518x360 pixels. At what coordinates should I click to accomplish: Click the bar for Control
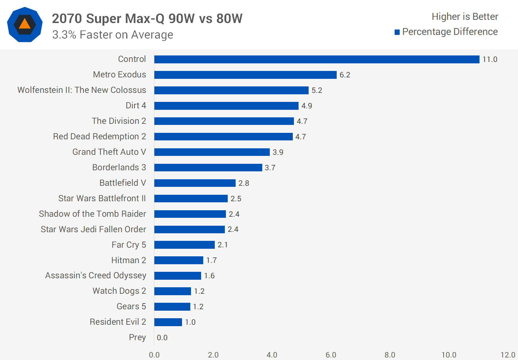click(x=317, y=59)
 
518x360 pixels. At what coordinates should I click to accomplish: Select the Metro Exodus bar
click(x=245, y=75)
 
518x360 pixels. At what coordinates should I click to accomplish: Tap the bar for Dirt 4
click(x=226, y=106)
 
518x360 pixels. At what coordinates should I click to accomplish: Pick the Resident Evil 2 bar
click(x=168, y=322)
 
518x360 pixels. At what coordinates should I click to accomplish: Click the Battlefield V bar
click(x=195, y=183)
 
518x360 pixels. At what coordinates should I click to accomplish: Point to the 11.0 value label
click(x=490, y=59)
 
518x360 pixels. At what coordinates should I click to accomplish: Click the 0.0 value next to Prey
click(x=162, y=338)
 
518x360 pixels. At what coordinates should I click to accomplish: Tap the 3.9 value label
click(x=278, y=152)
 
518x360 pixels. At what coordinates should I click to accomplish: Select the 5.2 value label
click(x=317, y=90)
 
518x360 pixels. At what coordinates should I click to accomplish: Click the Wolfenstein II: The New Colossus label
click(x=82, y=90)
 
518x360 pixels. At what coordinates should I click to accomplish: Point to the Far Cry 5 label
click(x=128, y=245)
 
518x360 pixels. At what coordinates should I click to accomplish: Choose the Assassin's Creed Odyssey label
click(x=96, y=275)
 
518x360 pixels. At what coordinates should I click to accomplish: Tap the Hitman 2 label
click(x=128, y=260)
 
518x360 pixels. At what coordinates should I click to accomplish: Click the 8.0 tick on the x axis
click(x=390, y=355)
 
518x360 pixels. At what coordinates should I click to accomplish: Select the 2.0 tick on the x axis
click(x=213, y=355)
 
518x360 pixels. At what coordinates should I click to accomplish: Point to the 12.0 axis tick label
click(x=508, y=355)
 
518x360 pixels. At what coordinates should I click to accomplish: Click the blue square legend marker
click(x=397, y=32)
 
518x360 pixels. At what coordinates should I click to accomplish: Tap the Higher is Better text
click(x=465, y=17)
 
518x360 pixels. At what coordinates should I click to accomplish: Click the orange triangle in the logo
click(x=24, y=24)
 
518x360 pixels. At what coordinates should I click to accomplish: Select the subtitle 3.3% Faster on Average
click(x=113, y=35)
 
